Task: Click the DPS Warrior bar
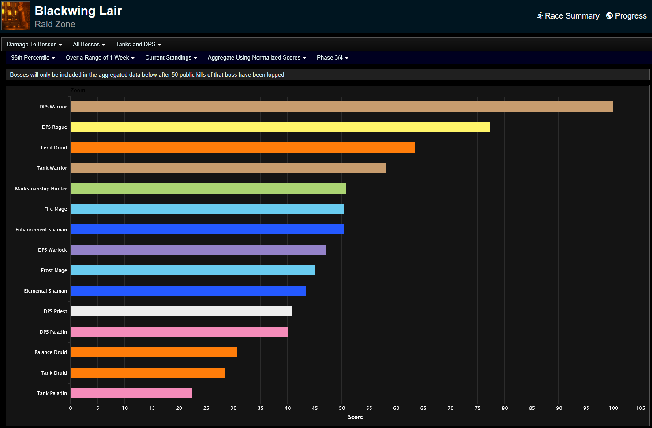click(341, 107)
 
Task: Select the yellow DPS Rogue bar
click(280, 127)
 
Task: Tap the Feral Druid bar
click(243, 148)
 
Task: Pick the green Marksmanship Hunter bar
click(208, 189)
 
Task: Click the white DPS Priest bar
click(181, 312)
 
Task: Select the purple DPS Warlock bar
click(198, 250)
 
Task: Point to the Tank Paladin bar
click(131, 394)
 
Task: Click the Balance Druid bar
click(154, 353)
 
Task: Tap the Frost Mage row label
click(54, 271)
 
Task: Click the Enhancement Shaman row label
click(41, 230)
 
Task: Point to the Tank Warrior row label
click(52, 168)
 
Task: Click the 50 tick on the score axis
click(342, 408)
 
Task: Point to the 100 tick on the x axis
click(613, 408)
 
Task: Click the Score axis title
click(356, 417)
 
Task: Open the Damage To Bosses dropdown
click(34, 45)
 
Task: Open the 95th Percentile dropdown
click(33, 58)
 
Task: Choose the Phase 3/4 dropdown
click(332, 58)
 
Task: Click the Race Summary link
click(568, 16)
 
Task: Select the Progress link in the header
click(626, 16)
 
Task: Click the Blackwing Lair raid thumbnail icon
click(16, 16)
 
